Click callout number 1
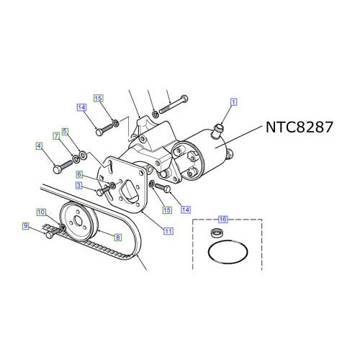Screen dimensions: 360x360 pos(233,102)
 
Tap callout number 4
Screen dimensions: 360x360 pos(39,147)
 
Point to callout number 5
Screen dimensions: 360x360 pos(66,132)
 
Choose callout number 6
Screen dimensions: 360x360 pos(81,174)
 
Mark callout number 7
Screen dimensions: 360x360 pos(55,135)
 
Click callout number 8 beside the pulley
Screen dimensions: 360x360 pos(117,235)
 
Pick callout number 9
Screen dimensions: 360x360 pos(25,226)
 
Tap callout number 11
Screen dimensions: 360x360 pos(168,230)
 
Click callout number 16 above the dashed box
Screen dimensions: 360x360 pos(222,219)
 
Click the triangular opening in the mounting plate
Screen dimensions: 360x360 pos(130,194)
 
